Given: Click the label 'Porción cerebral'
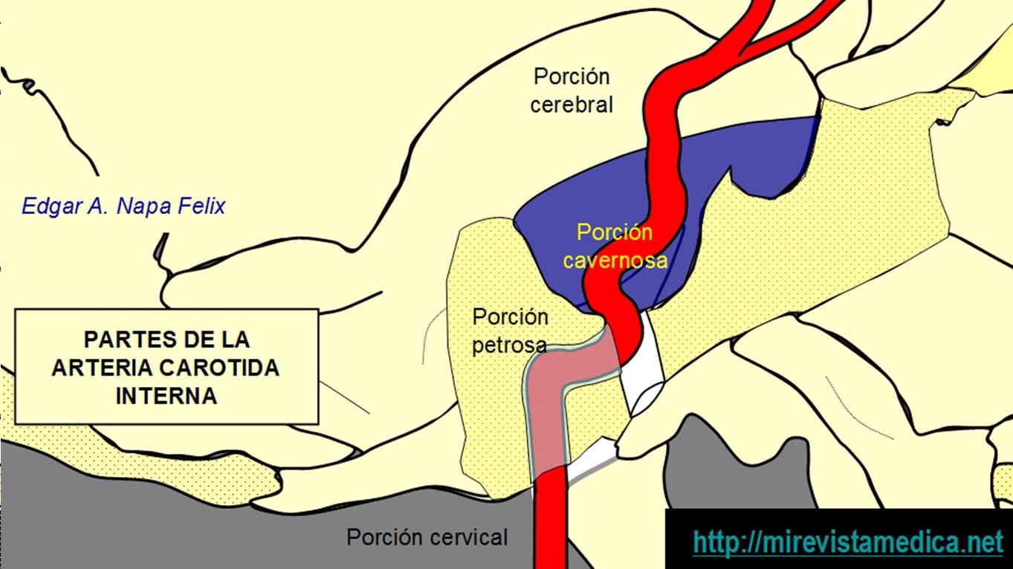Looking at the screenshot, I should pos(572,90).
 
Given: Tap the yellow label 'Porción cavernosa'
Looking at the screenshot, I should pos(615,247).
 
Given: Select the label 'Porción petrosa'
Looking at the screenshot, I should pos(511,331).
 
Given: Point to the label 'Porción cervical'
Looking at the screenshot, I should pos(427,537).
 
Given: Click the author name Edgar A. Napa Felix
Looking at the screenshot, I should pos(123,206).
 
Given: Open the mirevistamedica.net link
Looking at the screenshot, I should pos(847,542).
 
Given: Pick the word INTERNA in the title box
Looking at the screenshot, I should pos(166,396).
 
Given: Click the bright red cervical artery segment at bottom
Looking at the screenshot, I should pos(551,527).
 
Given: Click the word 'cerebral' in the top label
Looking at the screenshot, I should pos(572,105).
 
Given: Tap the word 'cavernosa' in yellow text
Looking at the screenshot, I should pos(615,261).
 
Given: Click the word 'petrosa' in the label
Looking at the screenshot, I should pos(510,345).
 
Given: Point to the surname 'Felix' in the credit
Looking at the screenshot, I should pos(201,206).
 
